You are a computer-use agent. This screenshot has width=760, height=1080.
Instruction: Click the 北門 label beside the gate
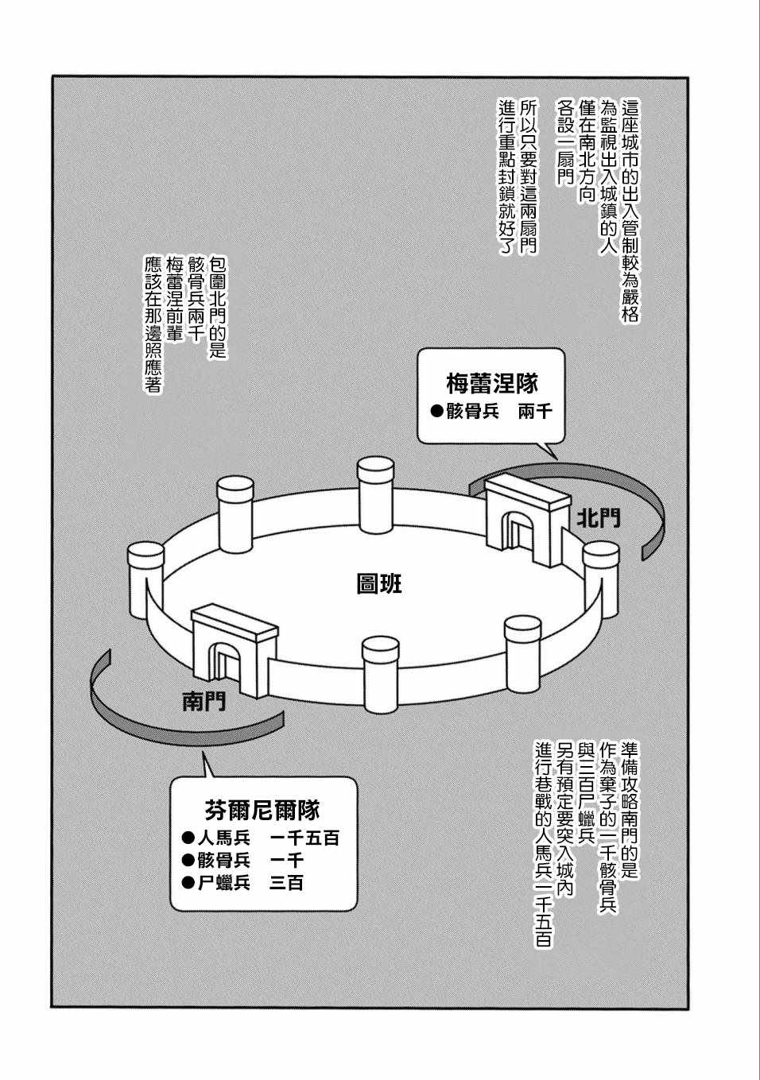[x=599, y=519]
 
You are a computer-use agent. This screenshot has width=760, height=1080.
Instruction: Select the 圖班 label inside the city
[x=379, y=585]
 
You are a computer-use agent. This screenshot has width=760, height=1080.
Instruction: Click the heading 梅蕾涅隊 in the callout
[x=492, y=385]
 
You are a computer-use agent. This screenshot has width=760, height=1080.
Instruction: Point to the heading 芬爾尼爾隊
[x=262, y=810]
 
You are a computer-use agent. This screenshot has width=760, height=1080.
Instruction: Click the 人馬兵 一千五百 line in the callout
[x=261, y=838]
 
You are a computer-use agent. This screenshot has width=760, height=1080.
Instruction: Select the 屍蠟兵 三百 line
[x=242, y=883]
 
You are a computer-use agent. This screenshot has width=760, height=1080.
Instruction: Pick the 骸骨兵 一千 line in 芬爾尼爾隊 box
[x=242, y=861]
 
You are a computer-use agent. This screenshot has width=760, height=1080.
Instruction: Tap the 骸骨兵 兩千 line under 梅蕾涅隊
[x=491, y=412]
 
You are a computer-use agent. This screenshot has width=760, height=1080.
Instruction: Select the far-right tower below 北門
[x=601, y=579]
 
